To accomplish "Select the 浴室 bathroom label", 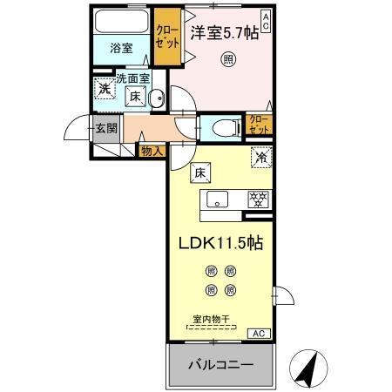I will [x=121, y=49].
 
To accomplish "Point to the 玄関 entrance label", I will [x=105, y=127].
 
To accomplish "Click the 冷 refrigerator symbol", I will [x=260, y=159].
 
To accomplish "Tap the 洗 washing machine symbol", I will [x=105, y=88].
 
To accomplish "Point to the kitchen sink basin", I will [x=217, y=199].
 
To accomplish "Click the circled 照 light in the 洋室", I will [x=227, y=60].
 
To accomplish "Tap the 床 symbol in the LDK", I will [x=199, y=172].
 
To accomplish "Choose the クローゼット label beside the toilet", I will [x=258, y=123].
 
